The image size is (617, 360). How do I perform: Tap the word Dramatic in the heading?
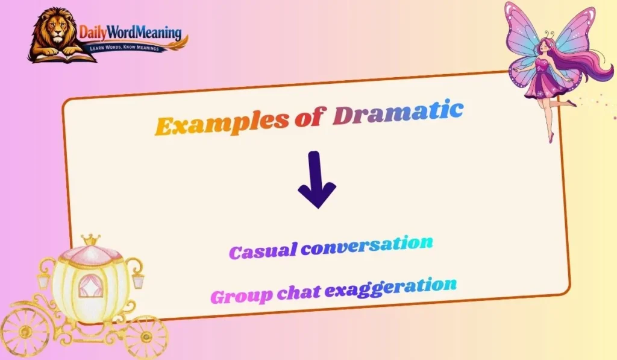click(x=398, y=113)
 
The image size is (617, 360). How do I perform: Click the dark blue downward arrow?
click(x=317, y=180)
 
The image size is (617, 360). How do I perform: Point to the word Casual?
click(x=263, y=251)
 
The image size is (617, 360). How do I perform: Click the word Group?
click(x=241, y=296)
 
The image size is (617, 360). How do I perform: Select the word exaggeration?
click(x=390, y=288)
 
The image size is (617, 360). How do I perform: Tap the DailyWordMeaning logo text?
click(x=130, y=33)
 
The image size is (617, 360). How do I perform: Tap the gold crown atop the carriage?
click(x=91, y=239)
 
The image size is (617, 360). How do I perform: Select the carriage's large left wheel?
click(x=24, y=332)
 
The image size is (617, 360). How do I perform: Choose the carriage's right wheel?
click(x=146, y=337)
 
